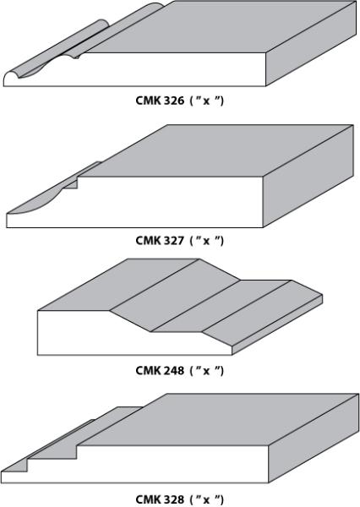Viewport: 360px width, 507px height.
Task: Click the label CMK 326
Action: tap(160, 101)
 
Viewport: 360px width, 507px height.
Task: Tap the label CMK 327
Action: tap(160, 240)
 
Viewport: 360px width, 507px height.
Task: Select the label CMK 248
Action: tap(160, 370)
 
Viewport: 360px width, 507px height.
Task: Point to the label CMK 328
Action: tap(160, 499)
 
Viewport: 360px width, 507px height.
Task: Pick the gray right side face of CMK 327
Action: tap(308, 177)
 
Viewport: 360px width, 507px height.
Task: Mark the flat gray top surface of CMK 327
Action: tap(215, 151)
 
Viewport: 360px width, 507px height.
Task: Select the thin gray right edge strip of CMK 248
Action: tap(277, 325)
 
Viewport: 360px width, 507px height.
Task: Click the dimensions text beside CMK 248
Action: tap(207, 370)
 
